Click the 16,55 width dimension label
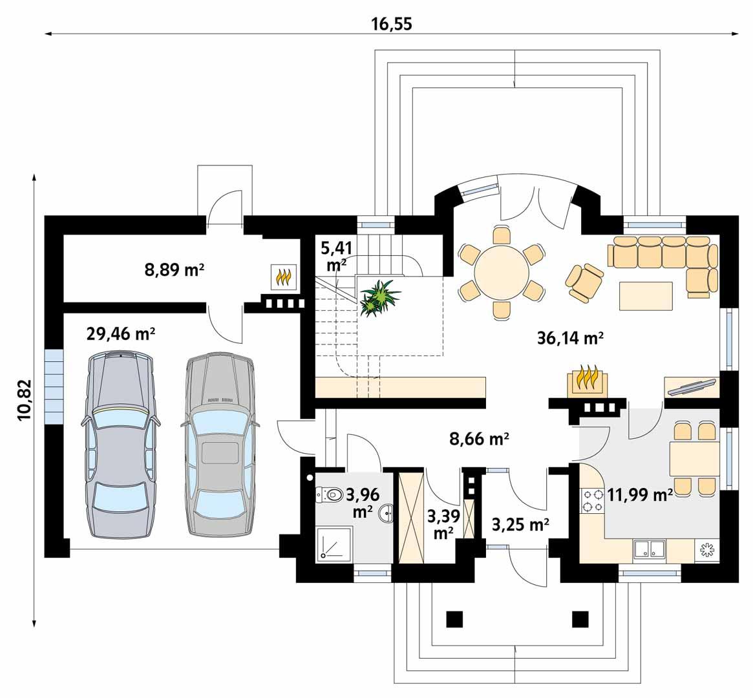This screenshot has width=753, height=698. pos(392,24)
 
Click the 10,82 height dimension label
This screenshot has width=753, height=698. pos(25,401)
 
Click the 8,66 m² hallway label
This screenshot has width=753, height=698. pos(480,439)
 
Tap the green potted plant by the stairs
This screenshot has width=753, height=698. pos(379,297)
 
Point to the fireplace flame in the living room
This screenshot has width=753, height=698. pos(588,379)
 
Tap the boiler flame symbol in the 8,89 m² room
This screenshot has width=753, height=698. pos(284,277)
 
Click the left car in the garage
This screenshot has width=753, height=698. pos(120,446)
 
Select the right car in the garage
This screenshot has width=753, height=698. pos(219,446)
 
